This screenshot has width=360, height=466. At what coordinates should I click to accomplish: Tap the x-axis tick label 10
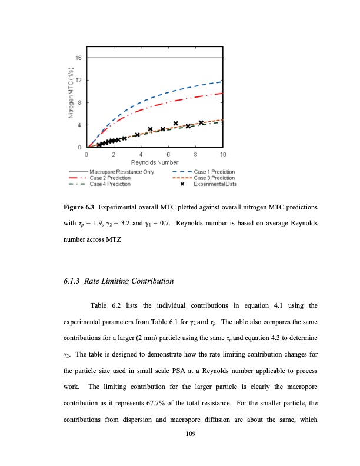(x=223, y=154)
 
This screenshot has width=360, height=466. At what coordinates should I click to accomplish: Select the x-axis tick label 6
(x=169, y=154)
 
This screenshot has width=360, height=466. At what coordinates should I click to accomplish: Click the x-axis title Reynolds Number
(x=155, y=162)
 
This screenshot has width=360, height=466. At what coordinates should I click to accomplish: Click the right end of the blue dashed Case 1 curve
(x=222, y=81)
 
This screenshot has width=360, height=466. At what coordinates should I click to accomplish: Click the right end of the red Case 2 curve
(x=222, y=93)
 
